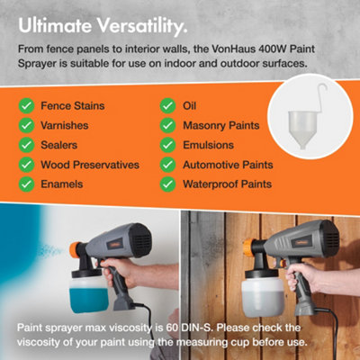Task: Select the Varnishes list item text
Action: (68, 125)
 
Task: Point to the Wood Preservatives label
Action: (90, 165)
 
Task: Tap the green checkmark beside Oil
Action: (166, 106)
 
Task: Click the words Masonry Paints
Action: (223, 125)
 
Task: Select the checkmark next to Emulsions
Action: (166, 145)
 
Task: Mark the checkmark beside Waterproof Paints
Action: (166, 184)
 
